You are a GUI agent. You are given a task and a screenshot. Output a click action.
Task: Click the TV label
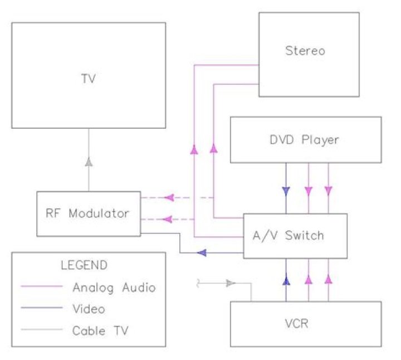click(88, 79)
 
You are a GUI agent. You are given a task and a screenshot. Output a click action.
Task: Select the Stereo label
click(305, 51)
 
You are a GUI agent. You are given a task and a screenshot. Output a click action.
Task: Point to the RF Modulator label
click(89, 213)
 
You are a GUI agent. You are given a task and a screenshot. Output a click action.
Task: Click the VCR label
click(305, 323)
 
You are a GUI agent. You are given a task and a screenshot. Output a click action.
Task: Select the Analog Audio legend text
click(114, 288)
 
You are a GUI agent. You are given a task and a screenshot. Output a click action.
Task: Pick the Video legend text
click(89, 309)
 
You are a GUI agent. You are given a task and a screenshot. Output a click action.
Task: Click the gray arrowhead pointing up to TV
click(88, 162)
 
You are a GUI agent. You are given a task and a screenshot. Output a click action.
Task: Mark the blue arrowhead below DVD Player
click(286, 191)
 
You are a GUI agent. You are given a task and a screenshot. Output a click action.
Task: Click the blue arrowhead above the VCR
click(286, 281)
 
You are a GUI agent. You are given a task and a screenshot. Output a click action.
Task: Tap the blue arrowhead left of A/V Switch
click(203, 253)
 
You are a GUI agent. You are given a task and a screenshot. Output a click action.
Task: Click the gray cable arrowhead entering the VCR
click(231, 284)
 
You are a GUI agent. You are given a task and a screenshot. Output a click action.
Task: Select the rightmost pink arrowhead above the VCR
click(329, 277)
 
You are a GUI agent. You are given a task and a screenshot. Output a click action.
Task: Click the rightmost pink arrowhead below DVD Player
click(329, 191)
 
